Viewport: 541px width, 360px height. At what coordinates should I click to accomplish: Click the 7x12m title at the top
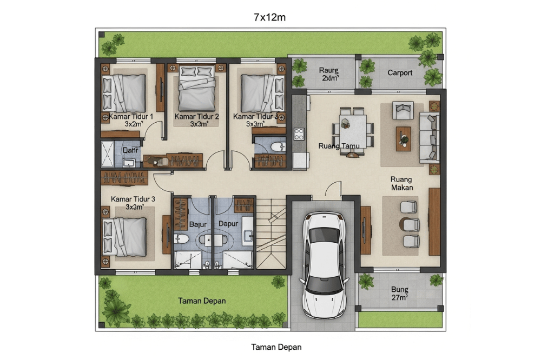[269, 17]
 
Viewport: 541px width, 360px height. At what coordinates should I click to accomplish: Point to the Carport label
[400, 73]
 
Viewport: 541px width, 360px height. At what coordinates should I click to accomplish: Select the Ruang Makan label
[401, 183]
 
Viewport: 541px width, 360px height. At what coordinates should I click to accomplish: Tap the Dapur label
[228, 223]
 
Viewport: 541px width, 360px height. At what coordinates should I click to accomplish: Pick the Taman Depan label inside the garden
[202, 301]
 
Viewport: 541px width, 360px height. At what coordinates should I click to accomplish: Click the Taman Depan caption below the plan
[276, 347]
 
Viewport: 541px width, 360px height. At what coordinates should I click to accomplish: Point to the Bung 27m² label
[400, 293]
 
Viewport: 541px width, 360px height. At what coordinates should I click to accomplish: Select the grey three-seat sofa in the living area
[429, 138]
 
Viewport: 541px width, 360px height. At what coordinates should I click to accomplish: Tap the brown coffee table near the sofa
[403, 138]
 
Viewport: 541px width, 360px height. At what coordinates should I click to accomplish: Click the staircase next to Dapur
[270, 232]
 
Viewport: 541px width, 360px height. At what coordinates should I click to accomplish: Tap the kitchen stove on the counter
[299, 134]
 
